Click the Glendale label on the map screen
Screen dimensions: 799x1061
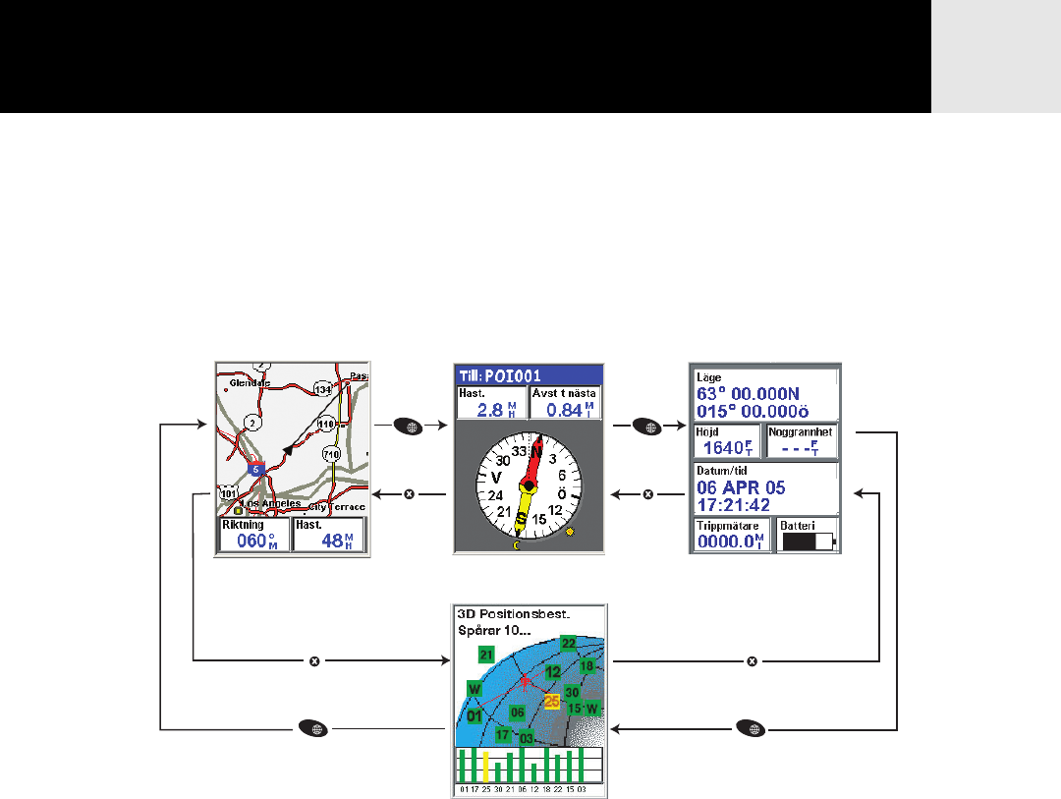[245, 382]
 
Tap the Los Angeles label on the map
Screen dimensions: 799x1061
[274, 503]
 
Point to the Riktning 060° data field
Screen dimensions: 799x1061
[254, 535]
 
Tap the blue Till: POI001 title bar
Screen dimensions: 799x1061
[528, 374]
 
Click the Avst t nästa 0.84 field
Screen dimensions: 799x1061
[565, 403]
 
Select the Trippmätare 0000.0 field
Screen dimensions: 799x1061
[732, 537]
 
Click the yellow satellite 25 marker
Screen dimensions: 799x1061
[552, 701]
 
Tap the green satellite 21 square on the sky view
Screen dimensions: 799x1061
[485, 655]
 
